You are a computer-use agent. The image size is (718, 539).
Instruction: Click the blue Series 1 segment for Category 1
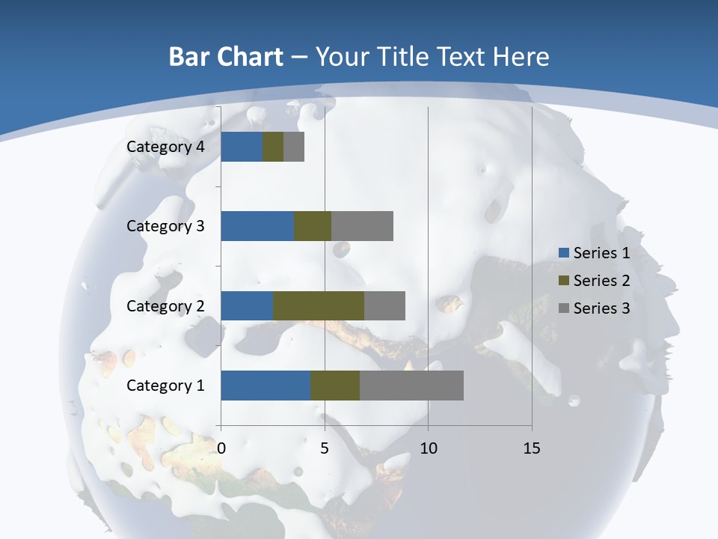(266, 386)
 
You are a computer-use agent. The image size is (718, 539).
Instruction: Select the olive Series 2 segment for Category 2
(319, 305)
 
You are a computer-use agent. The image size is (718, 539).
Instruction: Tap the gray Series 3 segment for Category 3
(362, 226)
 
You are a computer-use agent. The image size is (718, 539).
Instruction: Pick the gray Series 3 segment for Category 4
(294, 147)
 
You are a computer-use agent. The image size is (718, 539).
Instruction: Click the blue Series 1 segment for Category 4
(242, 147)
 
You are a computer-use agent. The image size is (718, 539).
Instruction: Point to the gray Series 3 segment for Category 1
(411, 386)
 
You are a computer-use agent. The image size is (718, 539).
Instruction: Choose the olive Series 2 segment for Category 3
(313, 226)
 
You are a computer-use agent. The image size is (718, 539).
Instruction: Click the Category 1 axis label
(165, 386)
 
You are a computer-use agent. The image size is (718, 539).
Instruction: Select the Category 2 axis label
(165, 305)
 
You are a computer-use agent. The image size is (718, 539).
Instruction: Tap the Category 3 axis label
(165, 226)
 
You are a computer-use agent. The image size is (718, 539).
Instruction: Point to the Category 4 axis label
(165, 147)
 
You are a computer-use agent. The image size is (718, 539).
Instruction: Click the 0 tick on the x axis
(221, 448)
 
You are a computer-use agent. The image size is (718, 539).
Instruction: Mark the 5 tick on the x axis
(325, 448)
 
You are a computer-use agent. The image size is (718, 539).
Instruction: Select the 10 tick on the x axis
(428, 448)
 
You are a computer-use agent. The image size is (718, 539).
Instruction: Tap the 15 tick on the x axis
(532, 448)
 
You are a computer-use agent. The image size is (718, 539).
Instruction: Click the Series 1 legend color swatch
(563, 253)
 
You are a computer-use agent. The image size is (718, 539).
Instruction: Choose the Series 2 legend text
(601, 281)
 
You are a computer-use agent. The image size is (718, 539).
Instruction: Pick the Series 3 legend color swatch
(563, 308)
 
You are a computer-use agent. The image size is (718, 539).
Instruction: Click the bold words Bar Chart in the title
(226, 57)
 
